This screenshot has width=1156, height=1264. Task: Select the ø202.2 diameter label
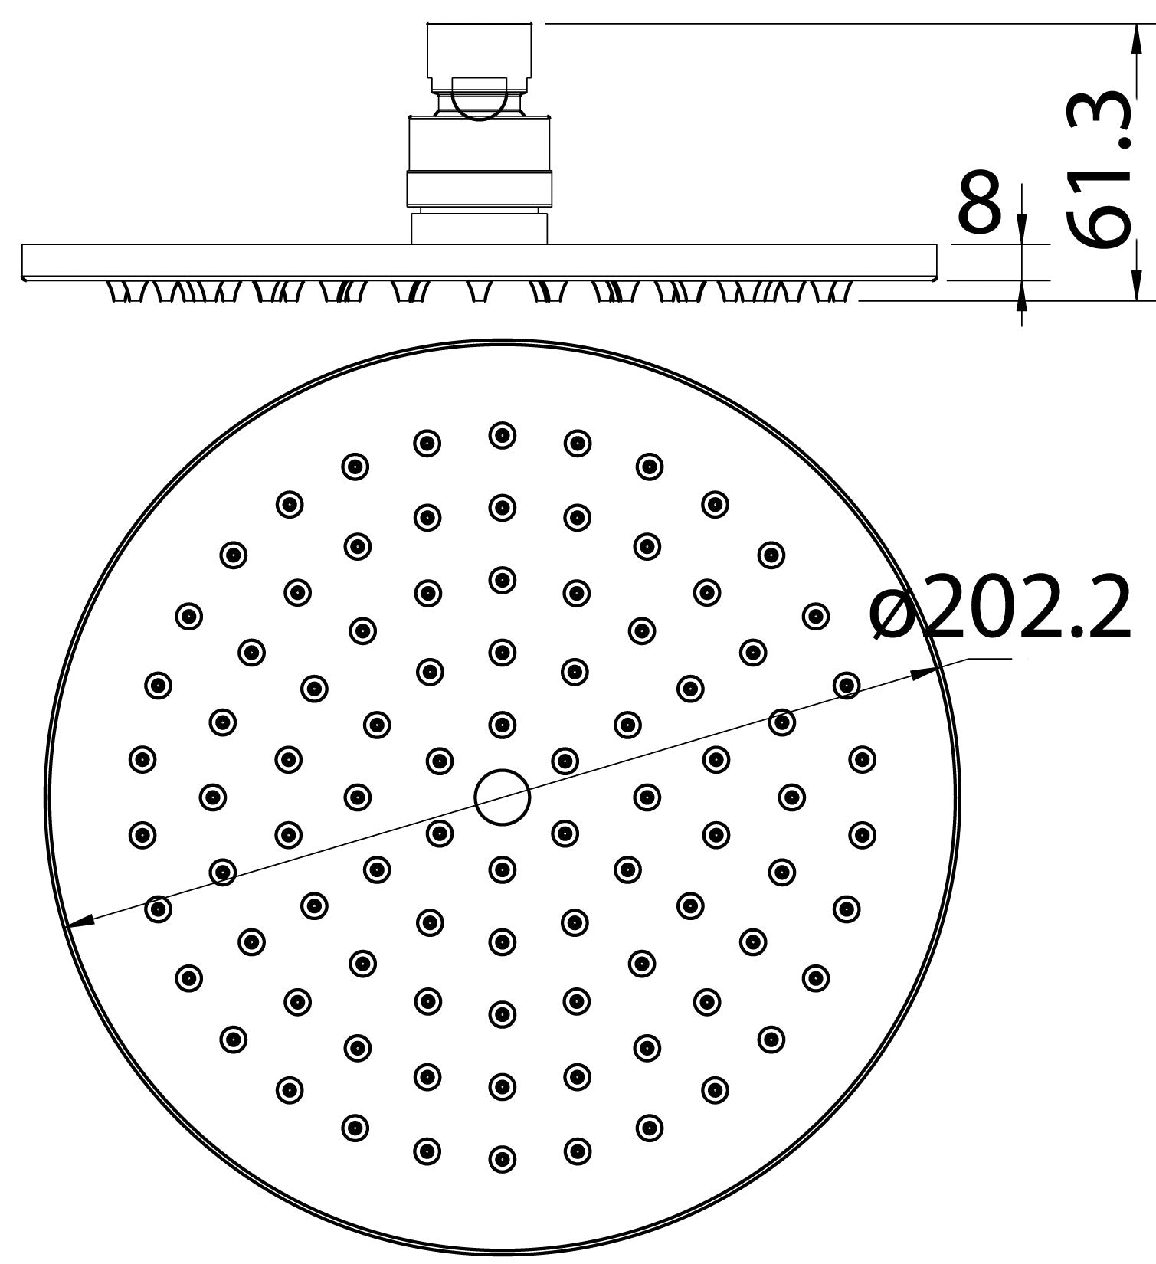(x=1000, y=609)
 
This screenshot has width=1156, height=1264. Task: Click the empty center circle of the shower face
(x=502, y=797)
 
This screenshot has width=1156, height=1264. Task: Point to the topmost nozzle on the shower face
(x=502, y=435)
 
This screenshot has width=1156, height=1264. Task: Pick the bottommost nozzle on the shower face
(x=502, y=1159)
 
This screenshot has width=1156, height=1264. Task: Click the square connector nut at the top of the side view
(x=479, y=50)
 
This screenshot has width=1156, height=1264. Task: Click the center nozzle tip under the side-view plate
(x=480, y=292)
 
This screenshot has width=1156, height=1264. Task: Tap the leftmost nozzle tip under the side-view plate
(x=122, y=292)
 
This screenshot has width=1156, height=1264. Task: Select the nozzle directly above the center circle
(x=502, y=724)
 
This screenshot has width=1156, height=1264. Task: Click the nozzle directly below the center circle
(x=502, y=869)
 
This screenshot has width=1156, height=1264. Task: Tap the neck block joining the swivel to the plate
(x=480, y=228)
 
